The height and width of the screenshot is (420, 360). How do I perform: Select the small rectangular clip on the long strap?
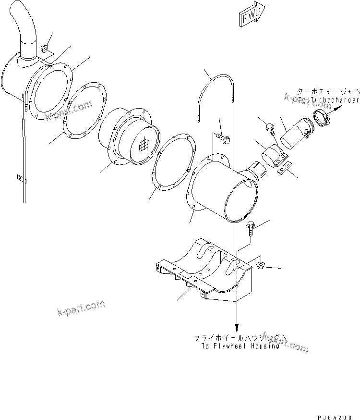[x=19, y=178]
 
